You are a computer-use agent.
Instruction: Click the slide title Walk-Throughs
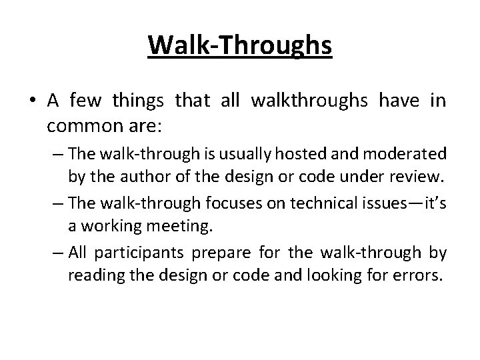point(240,45)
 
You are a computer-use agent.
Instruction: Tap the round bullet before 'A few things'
point(33,101)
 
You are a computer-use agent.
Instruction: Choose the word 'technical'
point(306,203)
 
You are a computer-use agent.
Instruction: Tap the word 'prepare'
point(217,253)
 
